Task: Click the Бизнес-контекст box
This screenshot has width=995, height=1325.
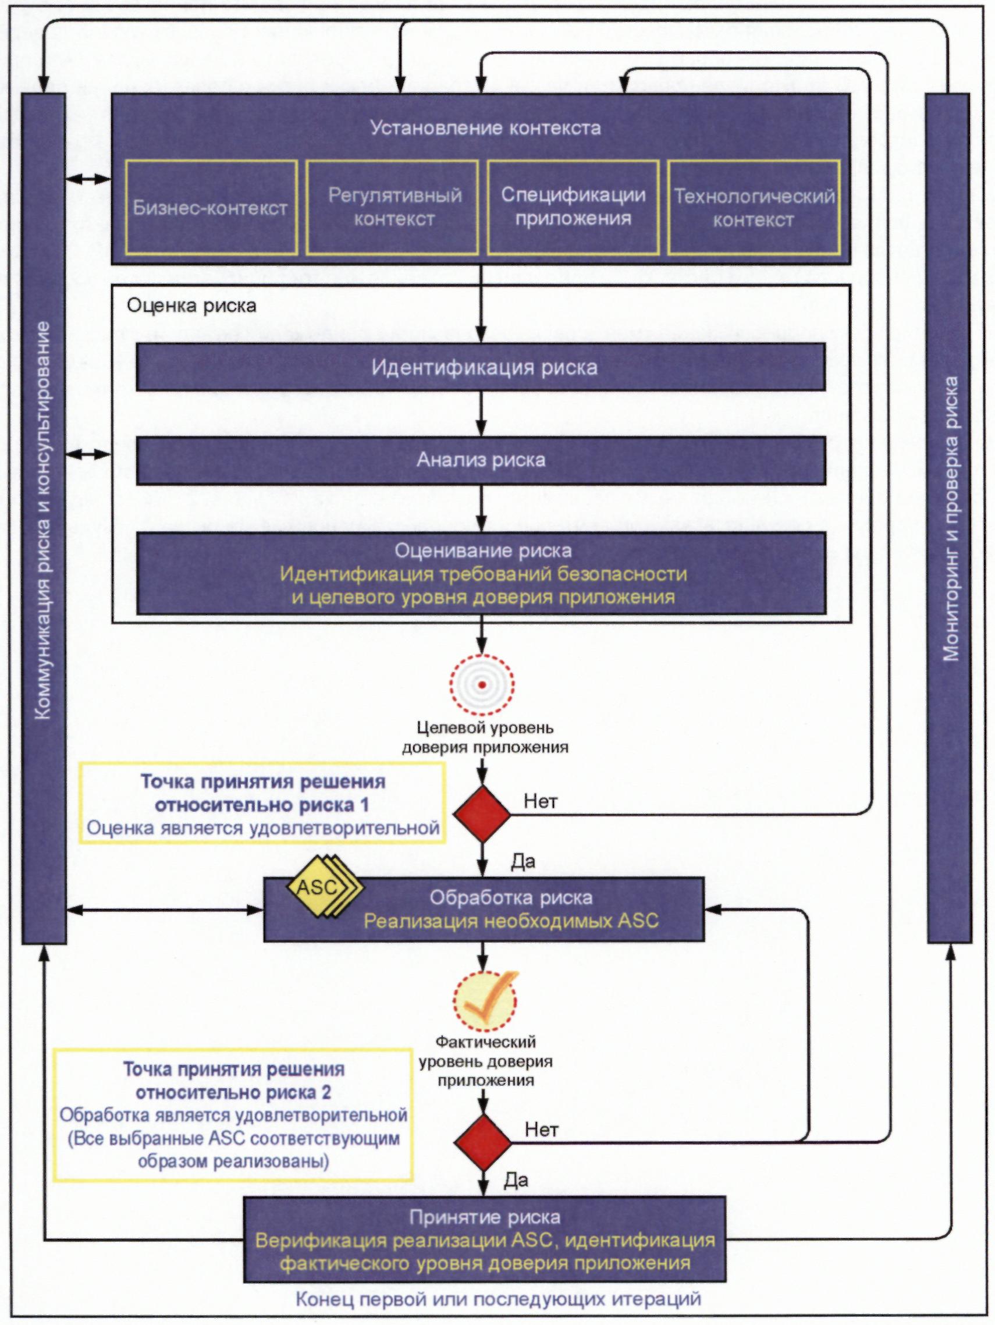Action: (x=211, y=207)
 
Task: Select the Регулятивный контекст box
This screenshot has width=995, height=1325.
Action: (x=392, y=207)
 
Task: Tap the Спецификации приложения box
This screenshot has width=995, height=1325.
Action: (x=573, y=207)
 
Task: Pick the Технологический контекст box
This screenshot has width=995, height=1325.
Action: (x=754, y=207)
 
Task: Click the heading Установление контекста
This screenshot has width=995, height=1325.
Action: (x=485, y=128)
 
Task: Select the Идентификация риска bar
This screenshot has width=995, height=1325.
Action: (x=481, y=367)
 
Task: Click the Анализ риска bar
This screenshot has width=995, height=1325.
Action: (x=481, y=460)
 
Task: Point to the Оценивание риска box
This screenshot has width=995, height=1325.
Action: (x=481, y=573)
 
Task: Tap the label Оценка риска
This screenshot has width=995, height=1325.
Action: (x=191, y=306)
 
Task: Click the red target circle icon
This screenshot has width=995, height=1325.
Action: (x=482, y=684)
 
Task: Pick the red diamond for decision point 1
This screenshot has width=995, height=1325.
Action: (x=482, y=814)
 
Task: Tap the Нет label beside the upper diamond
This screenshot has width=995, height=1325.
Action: (x=541, y=801)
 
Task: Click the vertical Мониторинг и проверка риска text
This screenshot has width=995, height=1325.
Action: (x=950, y=518)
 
